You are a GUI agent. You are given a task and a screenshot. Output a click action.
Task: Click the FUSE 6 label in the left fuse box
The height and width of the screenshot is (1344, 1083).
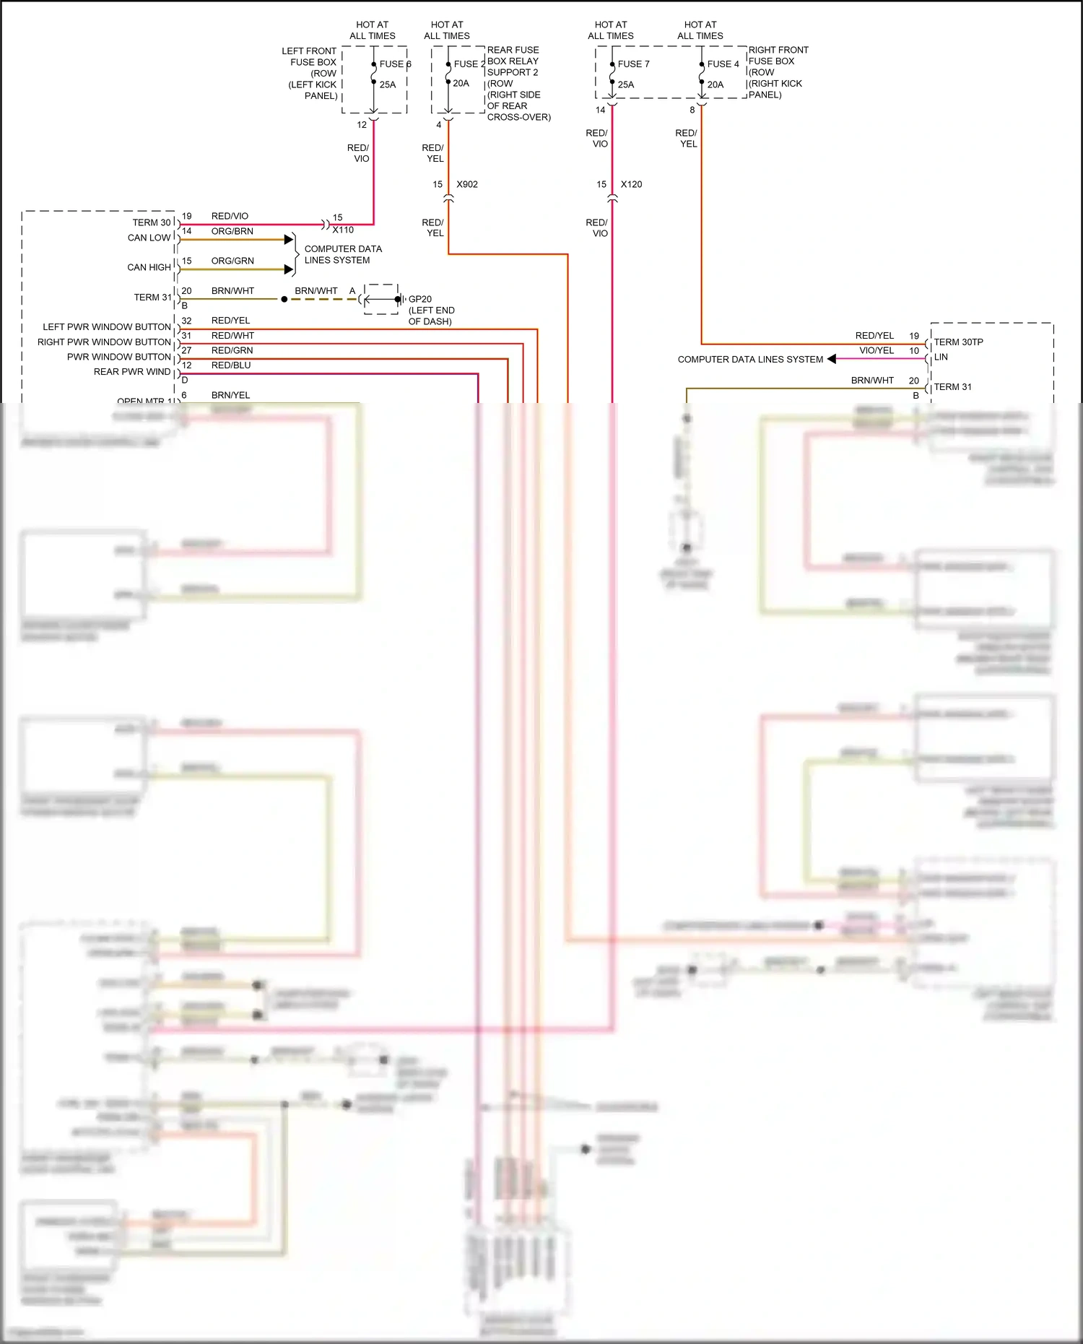pyautogui.click(x=395, y=64)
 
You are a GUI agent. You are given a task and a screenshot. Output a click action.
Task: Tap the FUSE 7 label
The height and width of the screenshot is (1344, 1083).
pyautogui.click(x=633, y=64)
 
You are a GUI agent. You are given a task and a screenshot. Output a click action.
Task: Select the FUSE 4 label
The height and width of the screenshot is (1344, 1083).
pyautogui.click(x=723, y=64)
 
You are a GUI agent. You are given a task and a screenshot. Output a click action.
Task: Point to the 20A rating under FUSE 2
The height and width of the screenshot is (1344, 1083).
pyautogui.click(x=461, y=84)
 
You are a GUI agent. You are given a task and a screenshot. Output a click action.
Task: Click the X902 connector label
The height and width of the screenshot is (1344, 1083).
pyautogui.click(x=467, y=185)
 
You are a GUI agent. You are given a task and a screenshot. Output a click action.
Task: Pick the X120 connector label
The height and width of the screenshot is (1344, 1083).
pyautogui.click(x=631, y=185)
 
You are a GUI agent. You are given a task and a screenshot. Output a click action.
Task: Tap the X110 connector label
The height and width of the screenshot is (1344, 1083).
pyautogui.click(x=343, y=230)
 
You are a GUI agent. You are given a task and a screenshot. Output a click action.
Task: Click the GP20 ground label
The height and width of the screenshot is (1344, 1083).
pyautogui.click(x=420, y=299)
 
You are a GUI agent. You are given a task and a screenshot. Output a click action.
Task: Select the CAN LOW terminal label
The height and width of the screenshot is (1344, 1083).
pyautogui.click(x=149, y=238)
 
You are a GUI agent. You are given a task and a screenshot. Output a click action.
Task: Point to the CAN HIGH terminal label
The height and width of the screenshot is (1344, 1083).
pyautogui.click(x=149, y=267)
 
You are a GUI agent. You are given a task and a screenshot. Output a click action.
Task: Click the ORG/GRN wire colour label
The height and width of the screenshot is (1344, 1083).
pyautogui.click(x=232, y=261)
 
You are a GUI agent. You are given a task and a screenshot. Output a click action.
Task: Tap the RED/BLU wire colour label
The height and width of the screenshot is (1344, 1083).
pyautogui.click(x=231, y=365)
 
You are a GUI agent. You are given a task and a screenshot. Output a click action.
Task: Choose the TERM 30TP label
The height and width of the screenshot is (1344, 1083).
pyautogui.click(x=958, y=342)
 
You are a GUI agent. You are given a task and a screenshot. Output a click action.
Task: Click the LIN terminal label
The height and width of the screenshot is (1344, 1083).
pyautogui.click(x=941, y=357)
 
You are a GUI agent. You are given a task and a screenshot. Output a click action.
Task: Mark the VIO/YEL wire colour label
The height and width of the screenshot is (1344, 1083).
pyautogui.click(x=877, y=351)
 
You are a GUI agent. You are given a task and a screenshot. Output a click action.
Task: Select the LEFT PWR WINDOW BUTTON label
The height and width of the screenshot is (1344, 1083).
pyautogui.click(x=107, y=327)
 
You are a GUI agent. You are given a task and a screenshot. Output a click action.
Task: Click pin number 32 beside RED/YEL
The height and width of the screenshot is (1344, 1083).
pyautogui.click(x=186, y=321)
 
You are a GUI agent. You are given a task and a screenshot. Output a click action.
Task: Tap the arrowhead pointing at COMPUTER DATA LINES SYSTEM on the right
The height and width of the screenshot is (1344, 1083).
pyautogui.click(x=832, y=359)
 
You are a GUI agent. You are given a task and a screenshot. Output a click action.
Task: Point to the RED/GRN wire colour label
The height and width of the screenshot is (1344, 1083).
pyautogui.click(x=232, y=351)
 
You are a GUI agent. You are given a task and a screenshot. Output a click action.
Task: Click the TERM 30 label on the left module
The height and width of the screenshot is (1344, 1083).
pyautogui.click(x=152, y=222)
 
